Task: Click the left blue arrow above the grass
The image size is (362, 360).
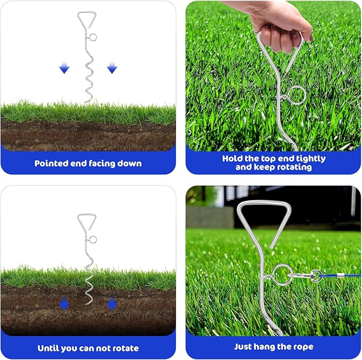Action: click(65, 68)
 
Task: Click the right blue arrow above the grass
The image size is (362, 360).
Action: click(112, 68)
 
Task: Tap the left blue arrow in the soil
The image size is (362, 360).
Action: click(65, 303)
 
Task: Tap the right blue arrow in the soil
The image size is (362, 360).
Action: click(112, 303)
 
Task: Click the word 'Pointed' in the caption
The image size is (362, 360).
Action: click(52, 163)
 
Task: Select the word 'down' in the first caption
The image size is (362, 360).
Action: click(130, 163)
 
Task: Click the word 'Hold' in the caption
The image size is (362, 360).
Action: click(234, 158)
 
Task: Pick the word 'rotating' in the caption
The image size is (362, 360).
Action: click(292, 167)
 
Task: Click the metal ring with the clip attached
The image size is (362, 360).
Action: click(281, 275)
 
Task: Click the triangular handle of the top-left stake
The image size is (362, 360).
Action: click(85, 20)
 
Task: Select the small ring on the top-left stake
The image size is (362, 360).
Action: click(93, 37)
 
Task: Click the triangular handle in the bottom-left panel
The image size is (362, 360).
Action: click(86, 222)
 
